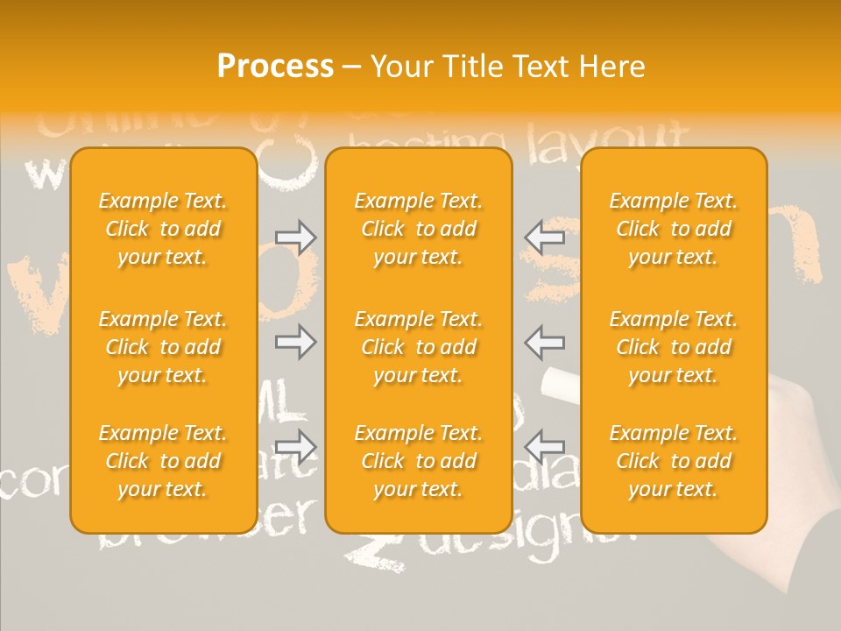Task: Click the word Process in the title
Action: [x=275, y=67]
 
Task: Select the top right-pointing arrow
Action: [x=295, y=237]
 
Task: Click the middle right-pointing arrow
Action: [x=295, y=342]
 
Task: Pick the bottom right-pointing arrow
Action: [x=295, y=447]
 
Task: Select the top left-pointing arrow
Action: [x=545, y=237]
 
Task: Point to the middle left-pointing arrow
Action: [x=545, y=342]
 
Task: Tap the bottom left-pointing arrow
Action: [x=545, y=447]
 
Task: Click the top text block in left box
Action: [x=163, y=229]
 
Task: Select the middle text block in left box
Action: [x=163, y=347]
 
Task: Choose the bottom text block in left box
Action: [x=163, y=461]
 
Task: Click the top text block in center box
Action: [x=419, y=229]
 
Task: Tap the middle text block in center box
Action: [x=419, y=347]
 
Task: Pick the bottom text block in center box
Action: [x=419, y=461]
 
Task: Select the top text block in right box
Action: [x=674, y=229]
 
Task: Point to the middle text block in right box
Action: [x=674, y=347]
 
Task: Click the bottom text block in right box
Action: [x=674, y=461]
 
